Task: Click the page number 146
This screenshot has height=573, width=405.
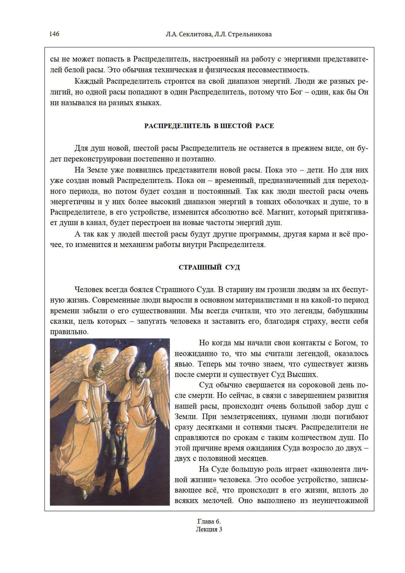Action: coord(54,34)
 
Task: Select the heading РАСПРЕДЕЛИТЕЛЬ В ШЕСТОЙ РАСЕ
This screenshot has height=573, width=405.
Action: coord(209,126)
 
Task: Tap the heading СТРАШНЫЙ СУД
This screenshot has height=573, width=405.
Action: coord(209,267)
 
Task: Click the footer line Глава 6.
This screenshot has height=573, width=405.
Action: coord(209,522)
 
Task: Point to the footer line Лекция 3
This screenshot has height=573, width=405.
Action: coord(209,529)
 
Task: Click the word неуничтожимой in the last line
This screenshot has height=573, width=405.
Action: coord(339,501)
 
